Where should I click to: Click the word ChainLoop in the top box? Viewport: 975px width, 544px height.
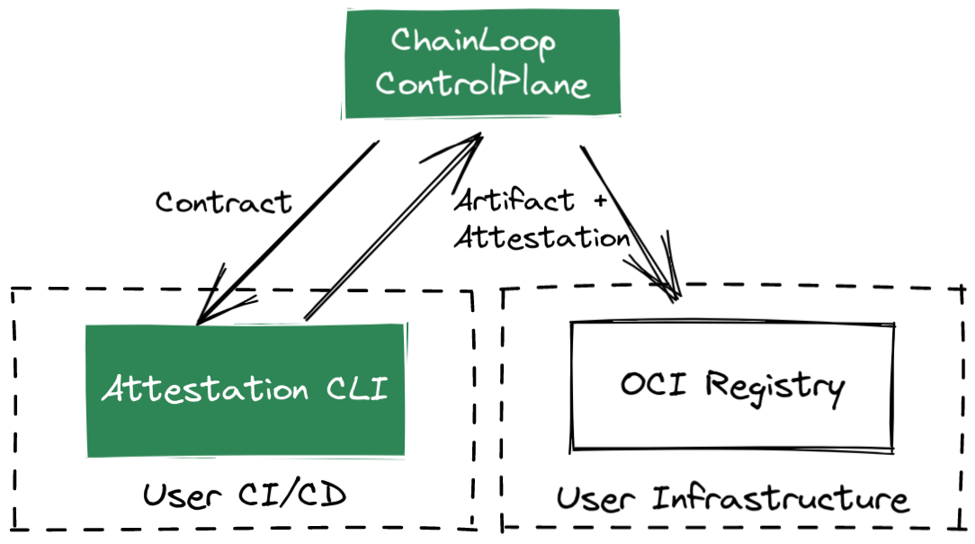click(x=472, y=42)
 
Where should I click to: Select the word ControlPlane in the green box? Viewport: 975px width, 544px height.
click(x=482, y=84)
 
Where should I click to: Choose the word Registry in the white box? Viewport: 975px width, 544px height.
click(x=774, y=386)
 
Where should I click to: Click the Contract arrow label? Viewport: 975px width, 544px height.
click(x=223, y=201)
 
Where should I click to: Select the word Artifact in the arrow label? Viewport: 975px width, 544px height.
click(x=515, y=200)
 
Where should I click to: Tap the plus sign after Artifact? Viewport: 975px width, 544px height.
click(x=602, y=199)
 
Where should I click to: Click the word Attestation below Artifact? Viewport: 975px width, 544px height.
click(x=541, y=237)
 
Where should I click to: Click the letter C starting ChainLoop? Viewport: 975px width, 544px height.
click(x=401, y=41)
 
